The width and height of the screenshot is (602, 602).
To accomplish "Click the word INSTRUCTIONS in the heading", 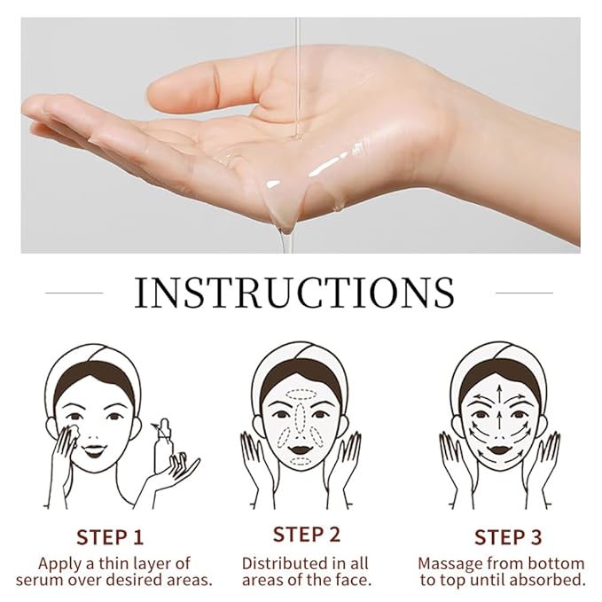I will pos(294,293).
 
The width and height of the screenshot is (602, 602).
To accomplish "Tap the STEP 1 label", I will pos(110,536).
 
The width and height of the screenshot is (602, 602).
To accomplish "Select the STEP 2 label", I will pos(307,534).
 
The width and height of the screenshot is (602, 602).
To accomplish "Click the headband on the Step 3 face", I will pos(501,364).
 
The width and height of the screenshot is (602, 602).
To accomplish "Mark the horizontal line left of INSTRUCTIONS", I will pos(74,292).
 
